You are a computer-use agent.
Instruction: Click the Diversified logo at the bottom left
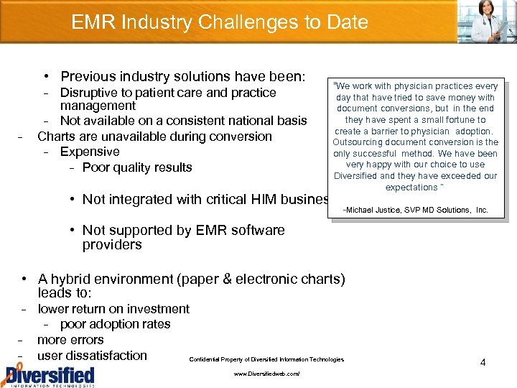tap(48, 375)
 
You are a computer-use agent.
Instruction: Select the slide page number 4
tap(483, 363)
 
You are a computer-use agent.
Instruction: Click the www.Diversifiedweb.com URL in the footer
tap(266, 374)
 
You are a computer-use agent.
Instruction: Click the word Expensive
tap(90, 152)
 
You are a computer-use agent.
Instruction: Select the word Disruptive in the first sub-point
tap(91, 93)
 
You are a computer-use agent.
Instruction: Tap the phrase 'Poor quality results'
tap(137, 167)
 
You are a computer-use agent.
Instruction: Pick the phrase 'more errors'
tap(70, 340)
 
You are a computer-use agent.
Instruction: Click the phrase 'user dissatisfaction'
tap(92, 356)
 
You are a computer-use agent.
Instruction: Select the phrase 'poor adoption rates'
tap(116, 324)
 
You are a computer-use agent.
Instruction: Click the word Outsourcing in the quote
tap(360, 142)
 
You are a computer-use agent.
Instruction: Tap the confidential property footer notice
tap(266, 359)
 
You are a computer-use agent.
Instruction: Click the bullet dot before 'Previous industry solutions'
tap(45, 76)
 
